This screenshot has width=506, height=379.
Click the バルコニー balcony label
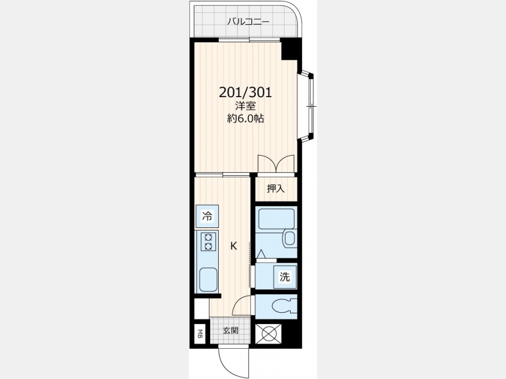248,21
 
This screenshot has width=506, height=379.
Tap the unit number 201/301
246,93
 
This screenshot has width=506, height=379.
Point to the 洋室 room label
246,106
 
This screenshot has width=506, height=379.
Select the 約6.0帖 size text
246,118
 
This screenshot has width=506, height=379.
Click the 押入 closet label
276,189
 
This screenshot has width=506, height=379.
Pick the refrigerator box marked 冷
207,216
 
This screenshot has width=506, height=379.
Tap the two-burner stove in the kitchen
207,241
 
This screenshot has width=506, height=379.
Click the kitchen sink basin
208,280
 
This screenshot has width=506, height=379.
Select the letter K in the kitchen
234,246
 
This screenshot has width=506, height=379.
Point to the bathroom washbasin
290,238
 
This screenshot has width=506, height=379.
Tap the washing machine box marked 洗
284,276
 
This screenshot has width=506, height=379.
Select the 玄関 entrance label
231,330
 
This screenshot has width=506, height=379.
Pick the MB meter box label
200,334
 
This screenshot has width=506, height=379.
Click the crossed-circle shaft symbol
268,334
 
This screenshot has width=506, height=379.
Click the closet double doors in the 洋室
276,164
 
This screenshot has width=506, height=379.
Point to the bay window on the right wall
307,106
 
